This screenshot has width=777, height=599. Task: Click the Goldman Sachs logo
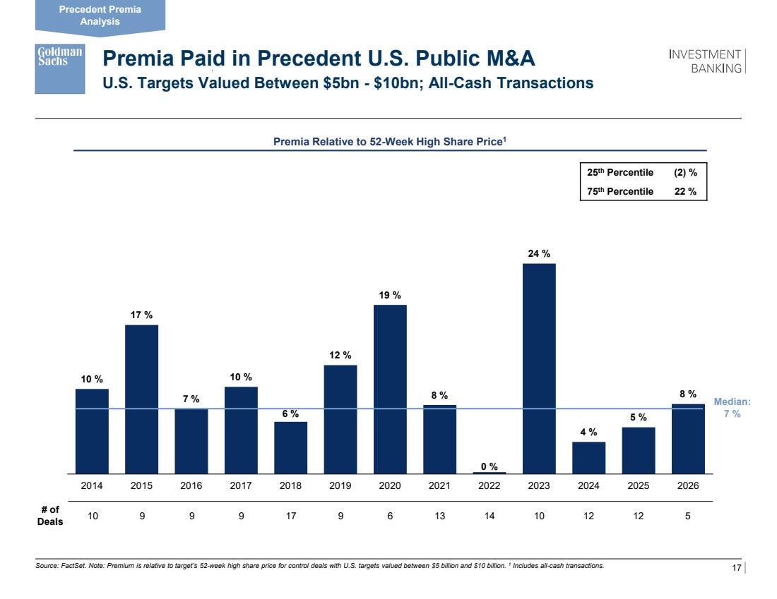tap(60, 68)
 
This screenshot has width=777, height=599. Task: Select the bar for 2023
tap(539, 368)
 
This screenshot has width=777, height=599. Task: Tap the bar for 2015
tap(141, 399)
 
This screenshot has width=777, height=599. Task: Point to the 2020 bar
tap(390, 389)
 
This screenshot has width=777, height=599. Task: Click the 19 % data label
tap(390, 295)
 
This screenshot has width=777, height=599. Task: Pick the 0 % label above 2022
tap(490, 466)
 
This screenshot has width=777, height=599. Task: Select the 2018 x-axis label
tap(291, 486)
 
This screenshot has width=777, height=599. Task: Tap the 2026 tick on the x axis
tap(688, 486)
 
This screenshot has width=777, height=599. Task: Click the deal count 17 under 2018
tap(291, 516)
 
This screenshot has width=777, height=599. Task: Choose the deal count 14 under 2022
tap(490, 516)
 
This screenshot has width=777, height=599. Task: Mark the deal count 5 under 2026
tap(688, 516)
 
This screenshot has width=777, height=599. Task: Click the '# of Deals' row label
tap(49, 516)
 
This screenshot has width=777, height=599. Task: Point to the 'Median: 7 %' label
tap(732, 408)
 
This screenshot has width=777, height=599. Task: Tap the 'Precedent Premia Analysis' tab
tap(100, 16)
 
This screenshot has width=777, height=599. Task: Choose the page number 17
tap(735, 568)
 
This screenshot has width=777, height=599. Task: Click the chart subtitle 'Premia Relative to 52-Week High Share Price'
tap(389, 142)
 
